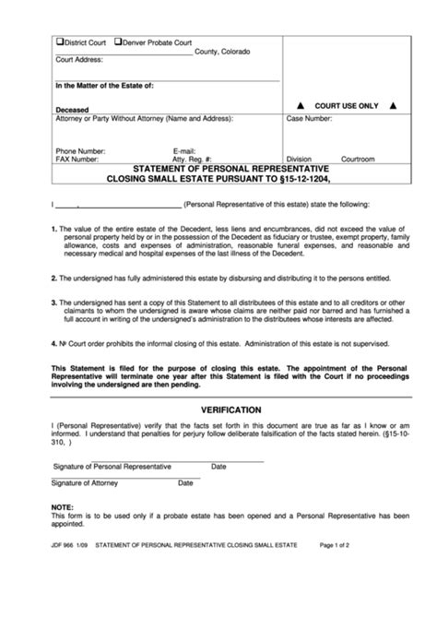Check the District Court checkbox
60,42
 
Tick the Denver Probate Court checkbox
117,42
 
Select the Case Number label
313,119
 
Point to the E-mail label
184,149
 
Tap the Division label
300,159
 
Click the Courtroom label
358,159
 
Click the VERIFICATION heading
218,409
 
